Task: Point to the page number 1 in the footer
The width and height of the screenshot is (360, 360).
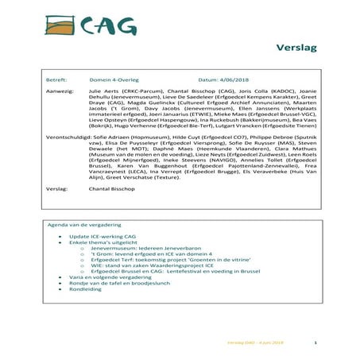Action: coord(316,343)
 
